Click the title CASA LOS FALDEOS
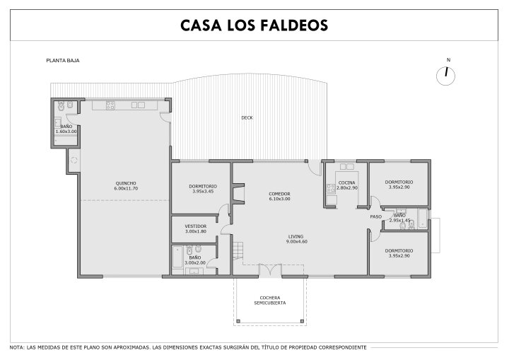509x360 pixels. click(255, 25)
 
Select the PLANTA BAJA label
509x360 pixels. click(63, 60)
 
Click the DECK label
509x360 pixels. click(247, 117)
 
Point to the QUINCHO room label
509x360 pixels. click(126, 186)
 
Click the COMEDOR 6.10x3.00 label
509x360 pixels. click(279, 196)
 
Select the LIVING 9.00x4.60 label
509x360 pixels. click(296, 239)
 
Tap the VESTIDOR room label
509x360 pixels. click(196, 228)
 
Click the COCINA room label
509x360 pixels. click(347, 185)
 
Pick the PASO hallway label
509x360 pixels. click(376, 216)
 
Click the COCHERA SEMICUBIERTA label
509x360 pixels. click(270, 300)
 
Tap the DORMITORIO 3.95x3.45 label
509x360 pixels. click(203, 189)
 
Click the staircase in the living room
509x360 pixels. click(238, 250)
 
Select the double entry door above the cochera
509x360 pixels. click(270, 271)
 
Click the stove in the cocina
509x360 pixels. click(331, 188)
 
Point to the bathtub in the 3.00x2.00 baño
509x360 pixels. click(177, 257)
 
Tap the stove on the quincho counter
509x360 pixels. click(110, 105)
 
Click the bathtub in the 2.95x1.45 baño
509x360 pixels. click(423, 219)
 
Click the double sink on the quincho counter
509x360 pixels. click(138, 105)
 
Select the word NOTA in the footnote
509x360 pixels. click(16, 347)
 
